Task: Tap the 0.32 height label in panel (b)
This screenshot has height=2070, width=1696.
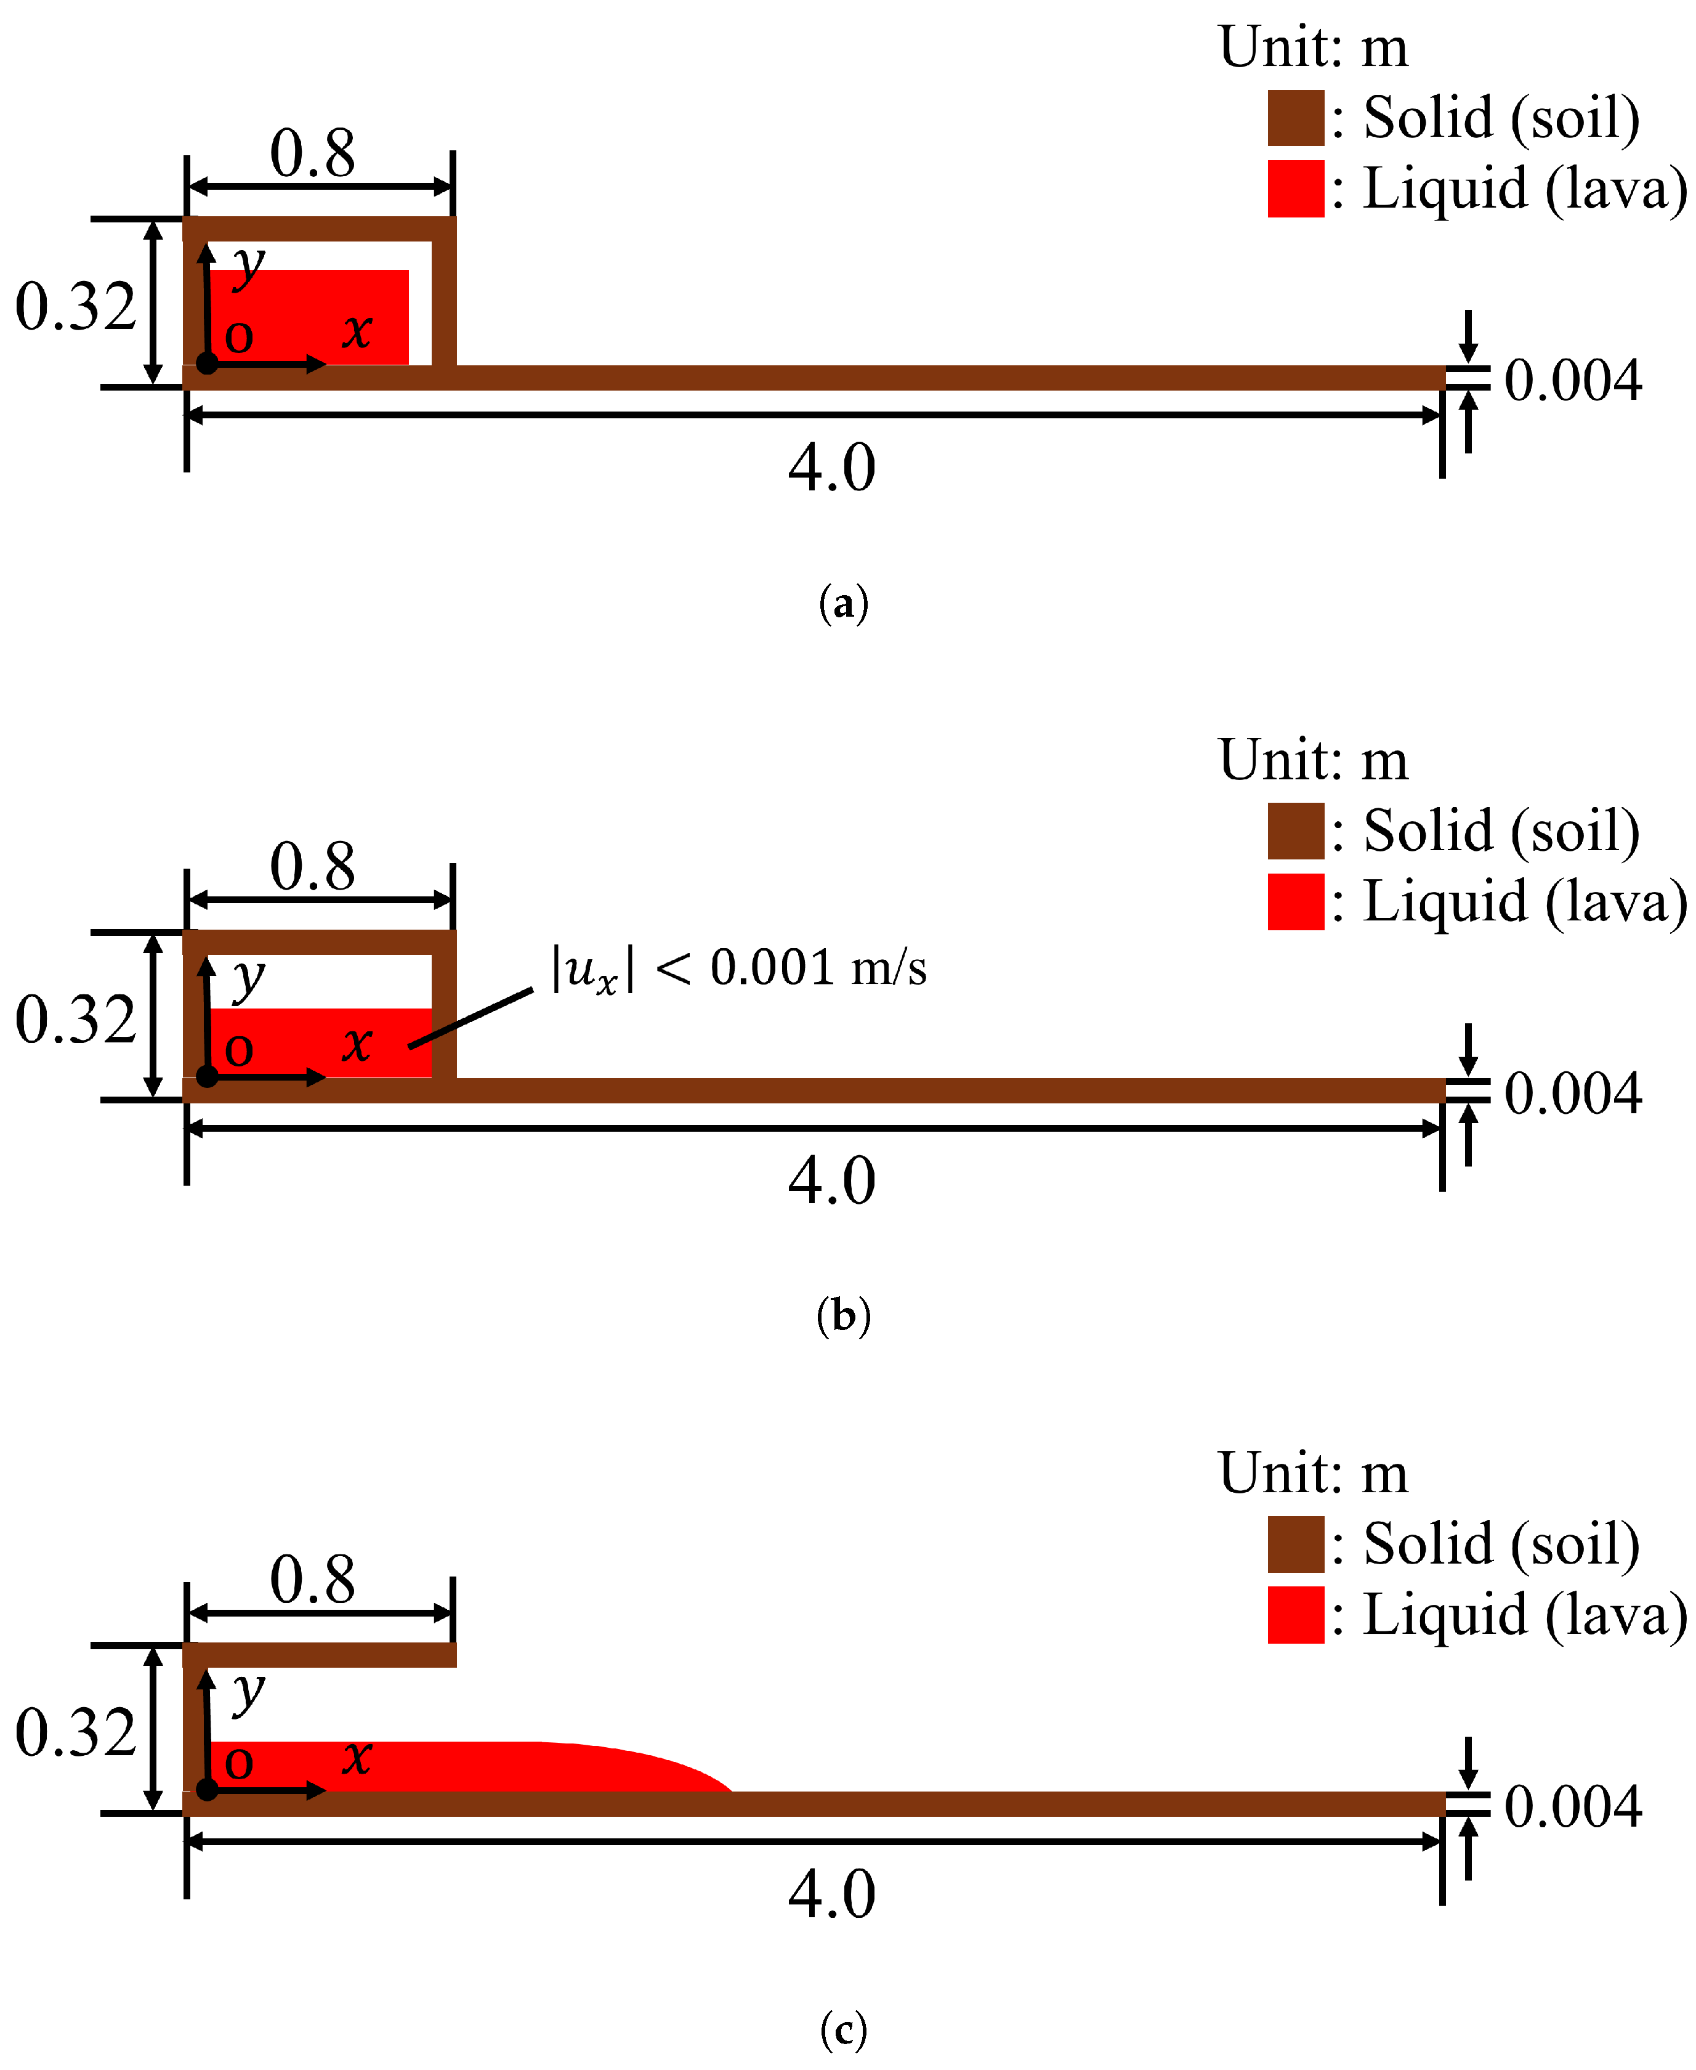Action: tap(75, 1020)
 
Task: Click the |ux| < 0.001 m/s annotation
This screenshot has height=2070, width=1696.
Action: tap(738, 968)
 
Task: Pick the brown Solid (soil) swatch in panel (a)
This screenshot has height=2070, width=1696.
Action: tap(1296, 118)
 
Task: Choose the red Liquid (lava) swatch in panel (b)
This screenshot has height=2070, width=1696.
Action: tap(1296, 901)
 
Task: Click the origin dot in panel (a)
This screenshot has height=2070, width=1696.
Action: tap(207, 363)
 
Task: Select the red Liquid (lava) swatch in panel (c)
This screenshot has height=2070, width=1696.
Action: tap(1296, 1615)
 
